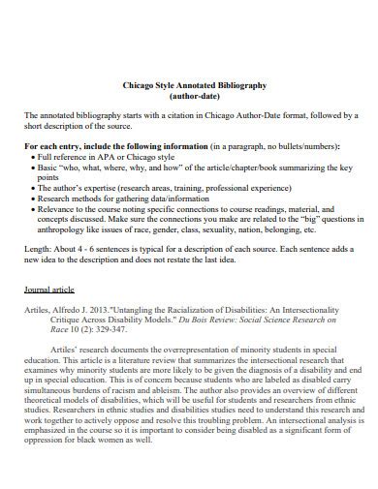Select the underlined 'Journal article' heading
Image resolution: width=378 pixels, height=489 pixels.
tap(48, 290)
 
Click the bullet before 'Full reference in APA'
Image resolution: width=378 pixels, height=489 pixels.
tap(30, 156)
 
